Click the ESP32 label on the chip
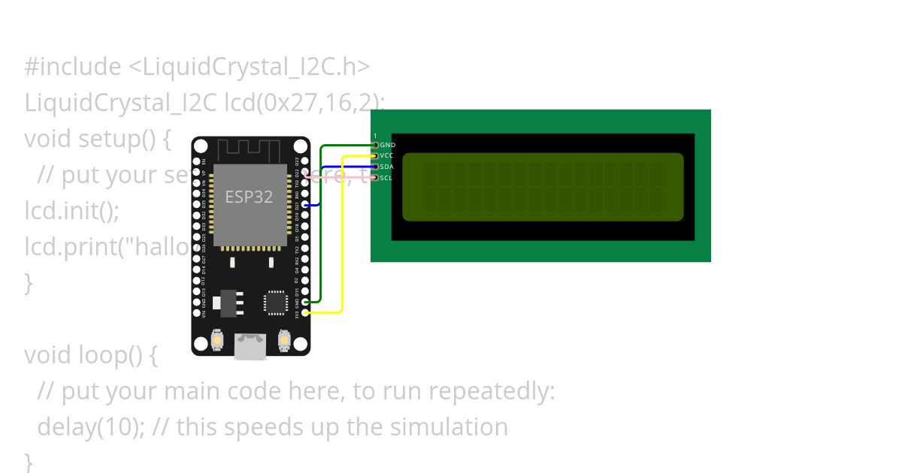[249, 197]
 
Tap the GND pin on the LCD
[375, 144]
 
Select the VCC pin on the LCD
[375, 155]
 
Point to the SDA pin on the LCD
[375, 167]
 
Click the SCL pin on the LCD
[375, 177]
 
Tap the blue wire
[321, 184]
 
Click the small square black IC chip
[275, 303]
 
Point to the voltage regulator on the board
[225, 303]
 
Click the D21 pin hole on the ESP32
[304, 204]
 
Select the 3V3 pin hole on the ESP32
[304, 312]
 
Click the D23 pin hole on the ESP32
[304, 161]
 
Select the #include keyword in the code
[72, 67]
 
